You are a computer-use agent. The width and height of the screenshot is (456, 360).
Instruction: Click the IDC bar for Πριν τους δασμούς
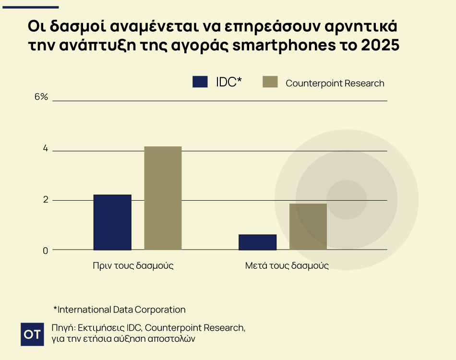point(112,222)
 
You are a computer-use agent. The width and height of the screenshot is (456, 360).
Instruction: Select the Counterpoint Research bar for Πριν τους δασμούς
point(163,198)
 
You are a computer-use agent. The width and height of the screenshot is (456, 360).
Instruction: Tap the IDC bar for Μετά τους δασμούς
point(257,242)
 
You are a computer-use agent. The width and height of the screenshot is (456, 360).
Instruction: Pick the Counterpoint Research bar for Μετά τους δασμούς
point(308,227)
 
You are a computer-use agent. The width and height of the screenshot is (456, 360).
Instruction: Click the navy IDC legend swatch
point(200,82)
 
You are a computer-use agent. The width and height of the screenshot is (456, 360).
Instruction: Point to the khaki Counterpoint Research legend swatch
point(270,82)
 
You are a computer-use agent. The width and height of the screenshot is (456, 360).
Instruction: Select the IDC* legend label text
point(229,82)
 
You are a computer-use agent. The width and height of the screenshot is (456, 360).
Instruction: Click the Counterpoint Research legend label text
point(335,83)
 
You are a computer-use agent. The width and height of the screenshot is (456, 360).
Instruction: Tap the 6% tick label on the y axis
point(41,97)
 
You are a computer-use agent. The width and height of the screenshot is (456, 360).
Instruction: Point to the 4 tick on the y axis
point(45,149)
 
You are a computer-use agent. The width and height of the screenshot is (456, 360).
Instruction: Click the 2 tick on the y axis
point(45,200)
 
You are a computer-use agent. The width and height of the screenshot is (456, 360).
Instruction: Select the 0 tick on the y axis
point(45,251)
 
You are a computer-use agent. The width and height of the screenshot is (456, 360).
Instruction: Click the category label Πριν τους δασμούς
point(133,265)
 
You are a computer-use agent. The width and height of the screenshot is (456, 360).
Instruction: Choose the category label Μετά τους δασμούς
point(287,265)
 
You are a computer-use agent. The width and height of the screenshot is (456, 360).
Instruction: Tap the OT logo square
point(33,334)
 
